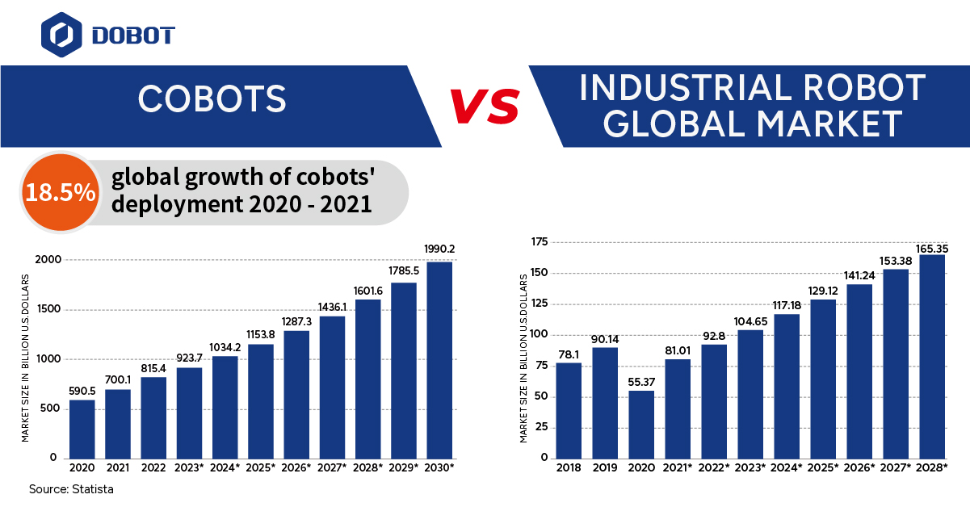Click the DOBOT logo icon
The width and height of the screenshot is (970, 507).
61,34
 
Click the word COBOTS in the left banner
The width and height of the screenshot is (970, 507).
212,99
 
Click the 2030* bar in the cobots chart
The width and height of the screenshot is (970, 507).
439,359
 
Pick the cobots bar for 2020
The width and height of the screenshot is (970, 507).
82,429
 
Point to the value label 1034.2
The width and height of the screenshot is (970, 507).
225,348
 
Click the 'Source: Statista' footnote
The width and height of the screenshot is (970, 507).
71,489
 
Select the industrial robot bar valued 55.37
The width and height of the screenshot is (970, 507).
641,424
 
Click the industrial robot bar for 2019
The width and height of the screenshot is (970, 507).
605,402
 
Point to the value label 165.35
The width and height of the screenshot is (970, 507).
932,247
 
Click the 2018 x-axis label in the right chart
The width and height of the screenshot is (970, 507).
569,467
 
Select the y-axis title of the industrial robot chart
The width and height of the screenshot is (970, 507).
523,358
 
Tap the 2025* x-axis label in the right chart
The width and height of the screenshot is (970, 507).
824,467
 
